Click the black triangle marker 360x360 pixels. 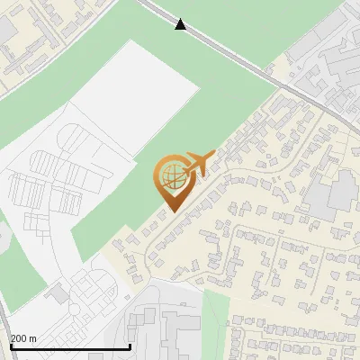181,24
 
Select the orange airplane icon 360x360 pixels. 197,163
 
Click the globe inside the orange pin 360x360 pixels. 171,174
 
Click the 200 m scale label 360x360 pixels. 24,338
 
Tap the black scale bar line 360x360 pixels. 69,346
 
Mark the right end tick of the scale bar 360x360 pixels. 130,345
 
